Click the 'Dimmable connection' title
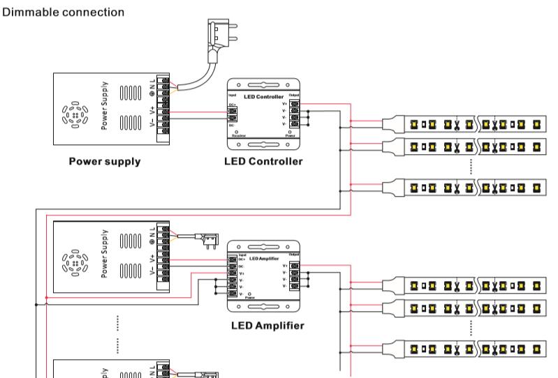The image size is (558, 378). pyautogui.click(x=64, y=13)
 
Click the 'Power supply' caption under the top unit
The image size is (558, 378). pyautogui.click(x=104, y=162)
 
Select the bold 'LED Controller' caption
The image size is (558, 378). pyautogui.click(x=263, y=162)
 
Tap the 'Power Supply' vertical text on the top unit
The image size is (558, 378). pyautogui.click(x=105, y=109)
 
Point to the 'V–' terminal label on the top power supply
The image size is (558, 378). pyautogui.click(x=152, y=123)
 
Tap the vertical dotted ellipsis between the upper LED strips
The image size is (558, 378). pyautogui.click(x=471, y=166)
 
